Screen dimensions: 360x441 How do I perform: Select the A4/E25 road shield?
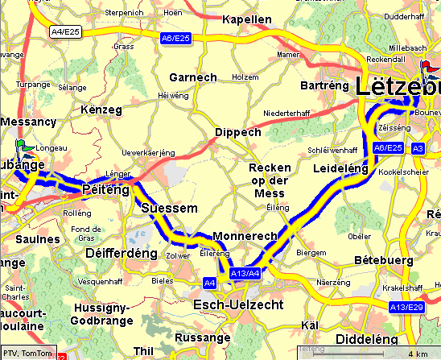point(64,31)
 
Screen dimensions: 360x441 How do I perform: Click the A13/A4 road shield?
point(244,274)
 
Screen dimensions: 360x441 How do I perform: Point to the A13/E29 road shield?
point(406,307)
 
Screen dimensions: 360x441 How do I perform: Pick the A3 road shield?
point(417,148)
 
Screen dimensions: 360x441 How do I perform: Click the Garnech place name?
point(193,77)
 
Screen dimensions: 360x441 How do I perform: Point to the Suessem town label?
point(168,208)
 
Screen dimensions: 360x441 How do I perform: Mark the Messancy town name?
point(28,122)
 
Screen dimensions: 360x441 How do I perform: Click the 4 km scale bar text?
point(416,353)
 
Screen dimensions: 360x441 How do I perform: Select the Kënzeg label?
point(101,109)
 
